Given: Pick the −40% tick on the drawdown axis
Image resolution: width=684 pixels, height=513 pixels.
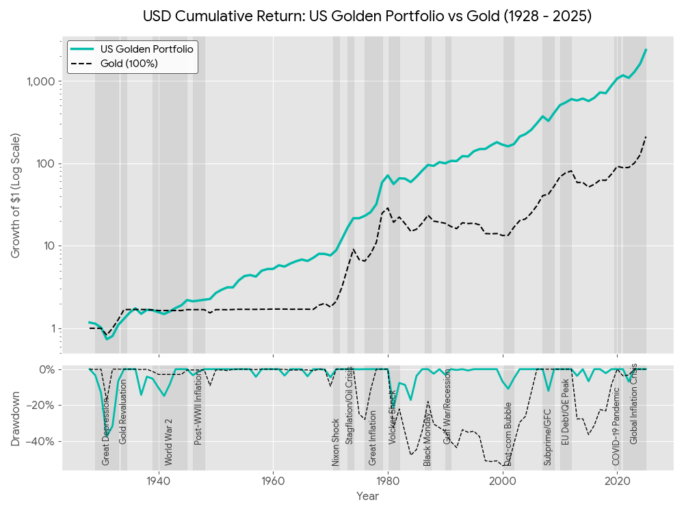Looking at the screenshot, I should [x=42, y=441].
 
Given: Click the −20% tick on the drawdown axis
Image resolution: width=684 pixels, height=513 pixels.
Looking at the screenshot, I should [x=42, y=406].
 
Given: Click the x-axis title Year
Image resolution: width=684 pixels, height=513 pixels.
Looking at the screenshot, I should [x=367, y=497].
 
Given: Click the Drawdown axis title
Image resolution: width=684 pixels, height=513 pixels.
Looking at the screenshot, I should [x=16, y=417].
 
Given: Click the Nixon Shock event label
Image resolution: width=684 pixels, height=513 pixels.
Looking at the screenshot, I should [x=336, y=442].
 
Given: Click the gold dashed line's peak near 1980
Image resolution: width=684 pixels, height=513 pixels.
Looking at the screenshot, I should [x=388, y=208].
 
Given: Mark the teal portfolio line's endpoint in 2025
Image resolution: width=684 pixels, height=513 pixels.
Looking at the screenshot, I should [x=646, y=50].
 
